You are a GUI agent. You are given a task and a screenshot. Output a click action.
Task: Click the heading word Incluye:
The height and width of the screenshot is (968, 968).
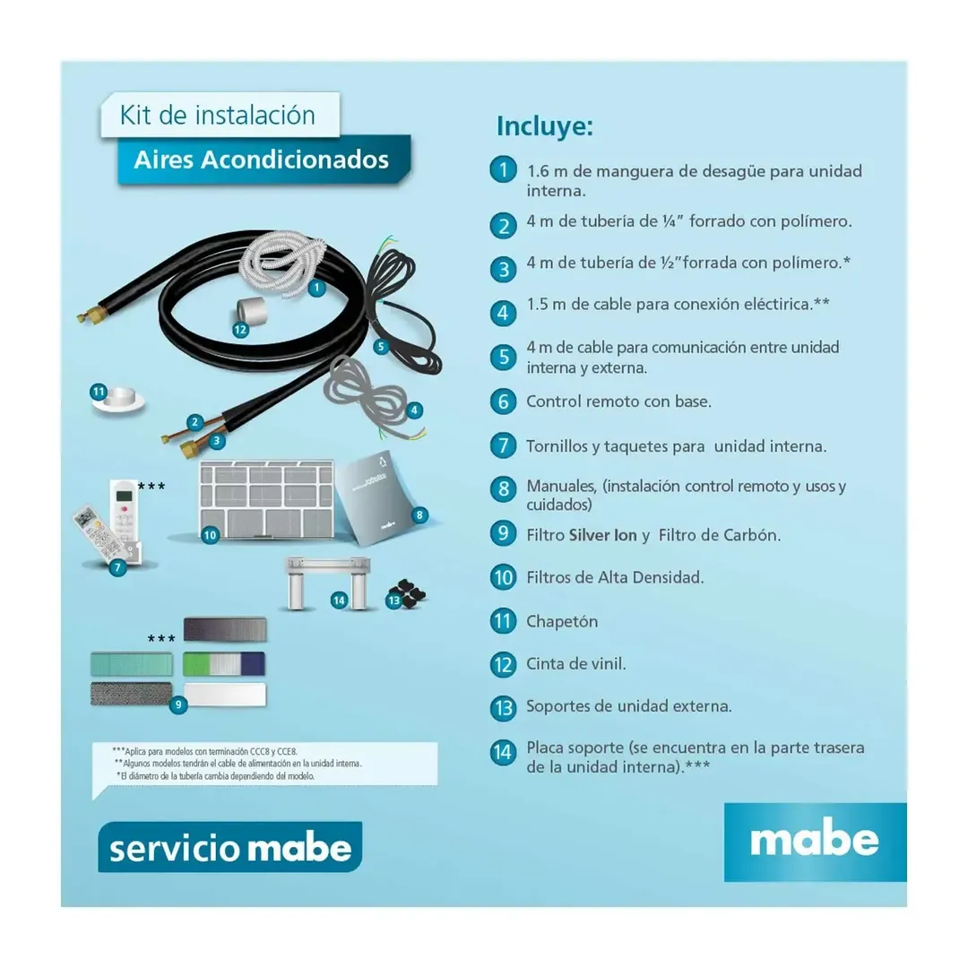tap(544, 126)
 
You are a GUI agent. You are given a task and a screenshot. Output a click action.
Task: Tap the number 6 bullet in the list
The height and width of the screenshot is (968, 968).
tap(504, 401)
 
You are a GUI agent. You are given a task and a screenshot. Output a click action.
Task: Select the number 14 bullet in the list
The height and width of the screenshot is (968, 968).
tap(504, 752)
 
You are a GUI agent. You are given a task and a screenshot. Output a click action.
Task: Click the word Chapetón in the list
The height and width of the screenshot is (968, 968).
tap(562, 621)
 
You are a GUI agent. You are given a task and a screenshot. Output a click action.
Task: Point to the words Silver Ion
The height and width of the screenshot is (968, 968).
tap(602, 535)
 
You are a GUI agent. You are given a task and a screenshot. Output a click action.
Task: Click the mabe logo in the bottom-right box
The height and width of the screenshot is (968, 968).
tap(815, 841)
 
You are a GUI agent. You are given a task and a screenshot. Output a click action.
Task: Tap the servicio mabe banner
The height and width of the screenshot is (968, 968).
tap(230, 847)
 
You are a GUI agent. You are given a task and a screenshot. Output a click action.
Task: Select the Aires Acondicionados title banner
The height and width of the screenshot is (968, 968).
tap(262, 160)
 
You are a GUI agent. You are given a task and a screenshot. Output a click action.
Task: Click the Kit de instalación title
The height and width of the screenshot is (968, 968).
tap(218, 116)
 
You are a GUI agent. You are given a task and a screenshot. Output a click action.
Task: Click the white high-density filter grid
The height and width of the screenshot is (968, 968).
tap(266, 498)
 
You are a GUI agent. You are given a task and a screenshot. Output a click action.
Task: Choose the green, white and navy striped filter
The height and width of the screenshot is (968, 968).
tap(224, 664)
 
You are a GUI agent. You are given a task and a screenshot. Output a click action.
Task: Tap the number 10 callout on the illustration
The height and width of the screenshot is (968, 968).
tap(210, 535)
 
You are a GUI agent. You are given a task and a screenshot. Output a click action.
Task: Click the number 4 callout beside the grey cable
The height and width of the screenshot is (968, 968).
tap(414, 411)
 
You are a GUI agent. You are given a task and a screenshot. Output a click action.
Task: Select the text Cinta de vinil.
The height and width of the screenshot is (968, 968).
tap(575, 664)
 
